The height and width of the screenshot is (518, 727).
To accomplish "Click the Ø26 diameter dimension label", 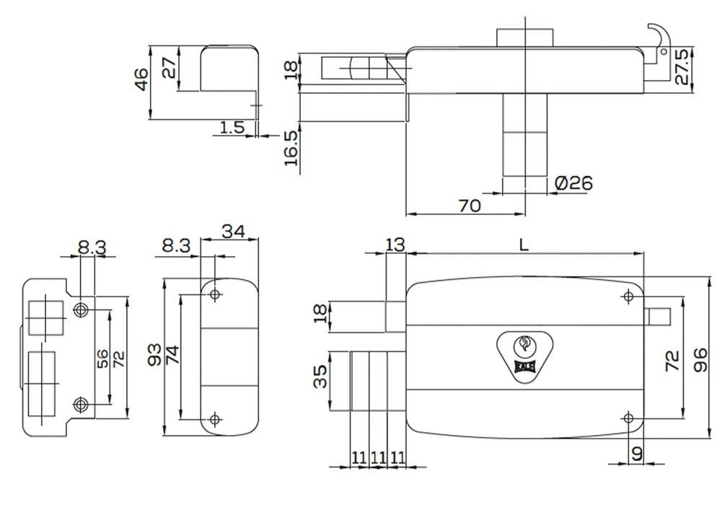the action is pos(573,183).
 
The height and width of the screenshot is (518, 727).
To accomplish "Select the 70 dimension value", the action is pos(470,206).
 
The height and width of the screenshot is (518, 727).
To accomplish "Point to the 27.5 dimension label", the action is pos(682,67).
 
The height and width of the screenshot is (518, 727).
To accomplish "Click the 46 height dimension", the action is pos(142,79).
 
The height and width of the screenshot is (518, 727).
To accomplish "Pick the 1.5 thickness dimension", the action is pos(232,126).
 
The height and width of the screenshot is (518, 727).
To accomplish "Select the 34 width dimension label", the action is pos(233,231).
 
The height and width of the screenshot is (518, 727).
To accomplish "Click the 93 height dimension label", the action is pos(154,355).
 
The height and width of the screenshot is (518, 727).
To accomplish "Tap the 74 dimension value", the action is pos(172,355).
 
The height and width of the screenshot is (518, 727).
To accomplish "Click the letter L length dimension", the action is pos(524,245).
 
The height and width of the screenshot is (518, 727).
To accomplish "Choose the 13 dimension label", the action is pos(395,245).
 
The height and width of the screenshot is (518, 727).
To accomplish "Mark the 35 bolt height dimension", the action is pos(320,376).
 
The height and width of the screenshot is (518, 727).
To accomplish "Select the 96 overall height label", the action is pos(700,359).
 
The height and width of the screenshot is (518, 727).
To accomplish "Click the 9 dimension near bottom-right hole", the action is pos(638,454).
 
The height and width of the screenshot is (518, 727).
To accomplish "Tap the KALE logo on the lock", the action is pos(525,366).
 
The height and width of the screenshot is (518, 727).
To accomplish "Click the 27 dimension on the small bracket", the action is pos(169,68).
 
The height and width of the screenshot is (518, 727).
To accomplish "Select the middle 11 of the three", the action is pos(378,458).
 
